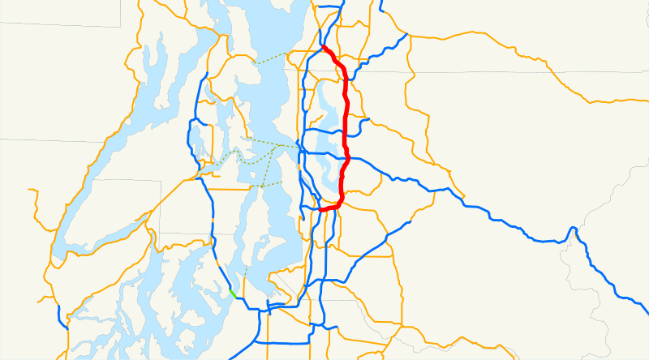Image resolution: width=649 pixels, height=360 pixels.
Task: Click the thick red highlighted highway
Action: coord(346,122)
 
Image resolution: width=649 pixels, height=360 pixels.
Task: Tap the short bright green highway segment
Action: coord(233,293)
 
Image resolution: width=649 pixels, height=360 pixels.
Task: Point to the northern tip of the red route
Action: coord(323,47)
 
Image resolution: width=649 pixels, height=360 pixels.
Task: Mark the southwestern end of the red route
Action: coord(321,210)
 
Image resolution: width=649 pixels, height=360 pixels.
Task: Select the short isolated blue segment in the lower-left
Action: coord(61,316)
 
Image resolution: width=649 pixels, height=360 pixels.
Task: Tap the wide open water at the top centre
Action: coord(268,24)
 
